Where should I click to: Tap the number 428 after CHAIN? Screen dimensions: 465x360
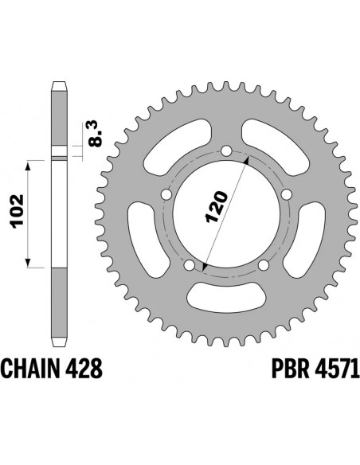[x=84, y=369]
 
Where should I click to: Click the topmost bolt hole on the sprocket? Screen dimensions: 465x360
[x=225, y=150]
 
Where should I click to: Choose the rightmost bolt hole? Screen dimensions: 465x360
[x=286, y=194]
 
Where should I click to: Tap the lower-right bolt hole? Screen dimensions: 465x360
[x=263, y=265]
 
